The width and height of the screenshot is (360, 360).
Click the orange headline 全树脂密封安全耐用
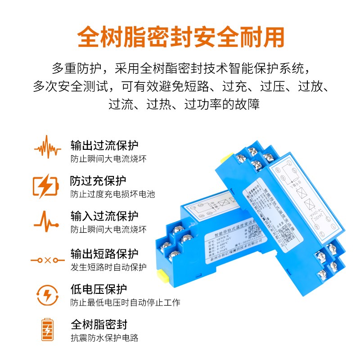[180, 37]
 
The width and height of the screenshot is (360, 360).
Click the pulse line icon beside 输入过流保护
[46, 220]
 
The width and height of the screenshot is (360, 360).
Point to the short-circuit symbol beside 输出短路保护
[47, 260]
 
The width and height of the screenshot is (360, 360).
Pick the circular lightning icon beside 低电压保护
[47, 295]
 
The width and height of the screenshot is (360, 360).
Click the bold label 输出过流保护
[104, 145]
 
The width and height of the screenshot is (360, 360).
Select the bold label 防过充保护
[98, 181]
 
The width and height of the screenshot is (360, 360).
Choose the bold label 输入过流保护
[104, 216]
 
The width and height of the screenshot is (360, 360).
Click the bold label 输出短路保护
[104, 253]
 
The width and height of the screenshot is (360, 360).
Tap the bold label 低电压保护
[99, 289]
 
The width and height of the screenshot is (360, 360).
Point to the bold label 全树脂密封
[99, 324]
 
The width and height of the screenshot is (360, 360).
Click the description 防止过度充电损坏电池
[112, 194]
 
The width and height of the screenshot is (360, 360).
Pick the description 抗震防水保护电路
[104, 338]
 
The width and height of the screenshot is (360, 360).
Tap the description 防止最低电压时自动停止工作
[126, 302]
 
